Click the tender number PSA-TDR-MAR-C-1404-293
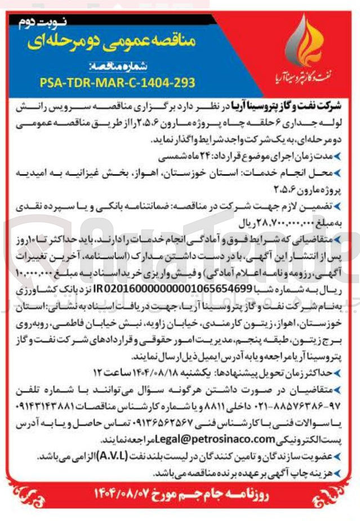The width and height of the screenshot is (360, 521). (x=118, y=82)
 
